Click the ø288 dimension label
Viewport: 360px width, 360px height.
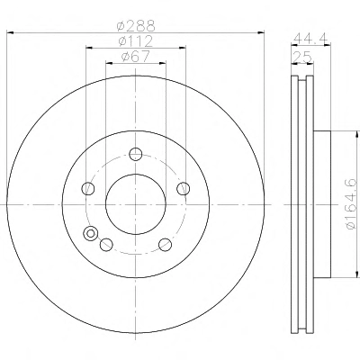pos(136,26)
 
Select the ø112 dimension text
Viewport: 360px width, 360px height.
pos(136,41)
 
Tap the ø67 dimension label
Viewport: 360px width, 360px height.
pos(135,57)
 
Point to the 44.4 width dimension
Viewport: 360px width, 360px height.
pos(310,38)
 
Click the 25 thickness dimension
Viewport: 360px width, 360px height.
pos(302,57)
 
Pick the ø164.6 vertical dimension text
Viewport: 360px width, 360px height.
pos(351,204)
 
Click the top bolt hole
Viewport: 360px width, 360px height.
pos(136,154)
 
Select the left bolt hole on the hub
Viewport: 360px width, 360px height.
pos(88,189)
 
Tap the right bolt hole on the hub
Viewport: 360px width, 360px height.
pos(184,189)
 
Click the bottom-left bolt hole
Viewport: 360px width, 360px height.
pos(106,245)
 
